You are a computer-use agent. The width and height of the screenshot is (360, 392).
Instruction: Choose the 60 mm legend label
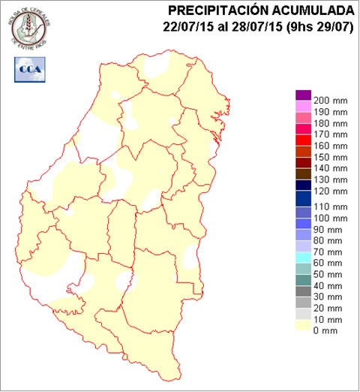(327, 264)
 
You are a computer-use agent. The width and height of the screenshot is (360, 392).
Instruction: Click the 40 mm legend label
(327, 285)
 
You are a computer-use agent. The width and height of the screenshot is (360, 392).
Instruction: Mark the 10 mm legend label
(327, 320)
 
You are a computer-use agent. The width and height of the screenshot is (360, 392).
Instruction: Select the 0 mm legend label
(324, 331)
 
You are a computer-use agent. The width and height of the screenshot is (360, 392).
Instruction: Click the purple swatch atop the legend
(303, 94)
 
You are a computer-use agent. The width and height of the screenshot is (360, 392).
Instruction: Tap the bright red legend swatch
(303, 139)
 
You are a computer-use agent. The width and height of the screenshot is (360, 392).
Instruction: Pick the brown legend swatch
(303, 173)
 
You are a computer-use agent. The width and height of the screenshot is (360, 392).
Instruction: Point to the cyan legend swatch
(303, 258)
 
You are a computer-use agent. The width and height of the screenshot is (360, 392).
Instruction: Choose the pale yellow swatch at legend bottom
(303, 325)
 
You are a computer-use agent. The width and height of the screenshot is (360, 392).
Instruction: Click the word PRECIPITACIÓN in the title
(220, 11)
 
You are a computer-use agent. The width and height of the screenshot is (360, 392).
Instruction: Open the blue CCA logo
(28, 69)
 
